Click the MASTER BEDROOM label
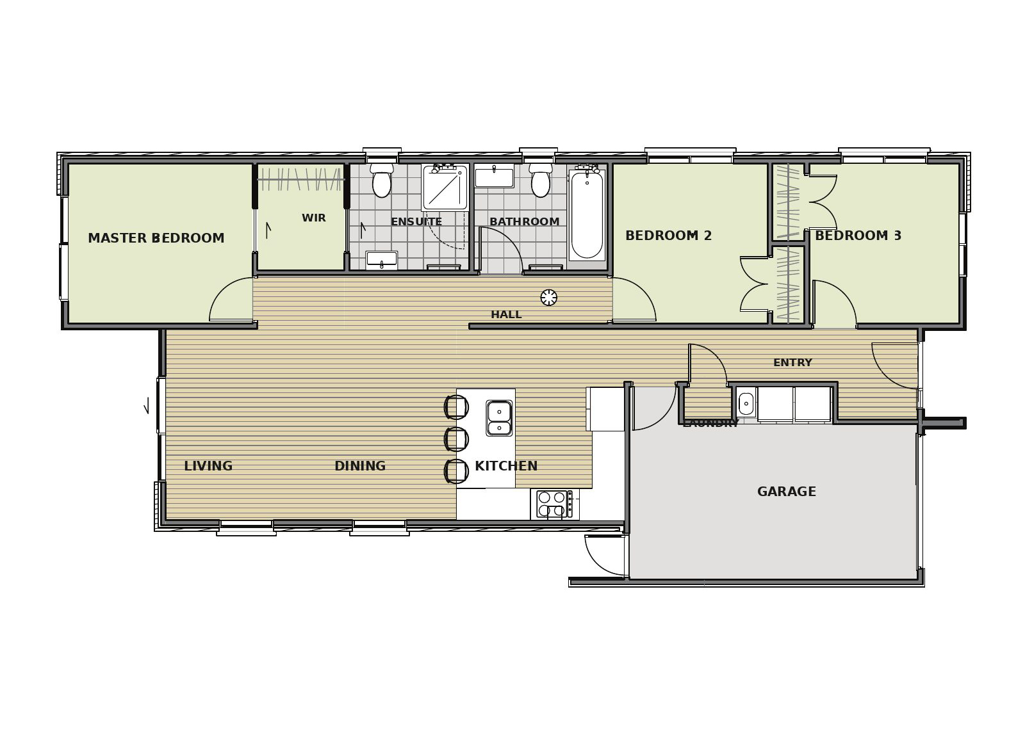[x=156, y=238]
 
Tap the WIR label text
[x=314, y=218]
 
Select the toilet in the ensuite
[x=382, y=180]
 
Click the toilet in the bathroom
[x=541, y=180]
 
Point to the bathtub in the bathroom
[x=587, y=215]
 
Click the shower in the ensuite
[x=445, y=188]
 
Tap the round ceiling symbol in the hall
[x=548, y=298]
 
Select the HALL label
[x=506, y=314]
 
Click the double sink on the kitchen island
[x=499, y=418]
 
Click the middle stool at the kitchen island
[x=456, y=439]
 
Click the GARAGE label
[x=787, y=492]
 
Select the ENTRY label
[x=792, y=362]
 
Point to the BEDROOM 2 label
[x=669, y=236]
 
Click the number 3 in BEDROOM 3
[x=898, y=236]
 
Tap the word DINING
[x=360, y=466]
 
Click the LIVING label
[x=208, y=466]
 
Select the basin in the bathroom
[x=494, y=177]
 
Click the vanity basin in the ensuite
[x=382, y=260]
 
